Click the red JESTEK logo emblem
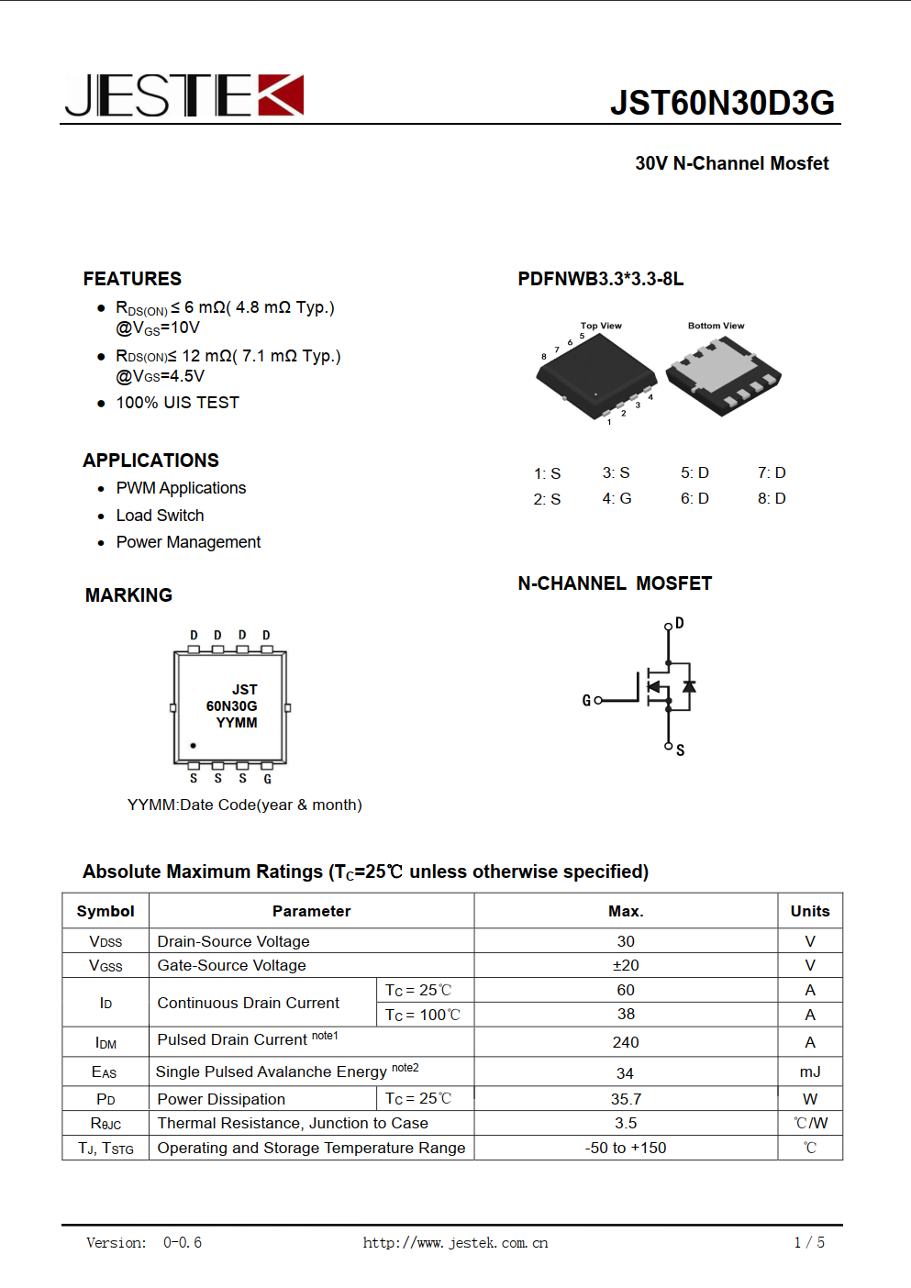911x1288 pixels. tap(280, 95)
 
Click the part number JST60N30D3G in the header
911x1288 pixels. tap(722, 103)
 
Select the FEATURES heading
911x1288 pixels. tap(132, 279)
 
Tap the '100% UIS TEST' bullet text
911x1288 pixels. tap(177, 403)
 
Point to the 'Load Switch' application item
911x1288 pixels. tap(160, 516)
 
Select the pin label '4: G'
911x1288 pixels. tap(617, 498)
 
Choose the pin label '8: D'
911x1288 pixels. tap(772, 498)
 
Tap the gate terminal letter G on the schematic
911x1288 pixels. tap(586, 701)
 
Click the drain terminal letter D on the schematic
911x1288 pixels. tap(680, 624)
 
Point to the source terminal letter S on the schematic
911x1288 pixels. tap(680, 750)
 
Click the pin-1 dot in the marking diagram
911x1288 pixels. tap(193, 746)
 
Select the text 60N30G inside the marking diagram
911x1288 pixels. tap(231, 706)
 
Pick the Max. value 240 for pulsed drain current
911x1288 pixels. tap(626, 1042)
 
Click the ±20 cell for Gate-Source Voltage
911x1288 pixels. tap(626, 965)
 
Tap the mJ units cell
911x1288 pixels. tap(810, 1071)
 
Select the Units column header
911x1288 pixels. tap(810, 911)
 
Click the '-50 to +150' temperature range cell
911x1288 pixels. tap(626, 1148)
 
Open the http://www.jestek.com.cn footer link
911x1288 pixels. tap(455, 1243)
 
